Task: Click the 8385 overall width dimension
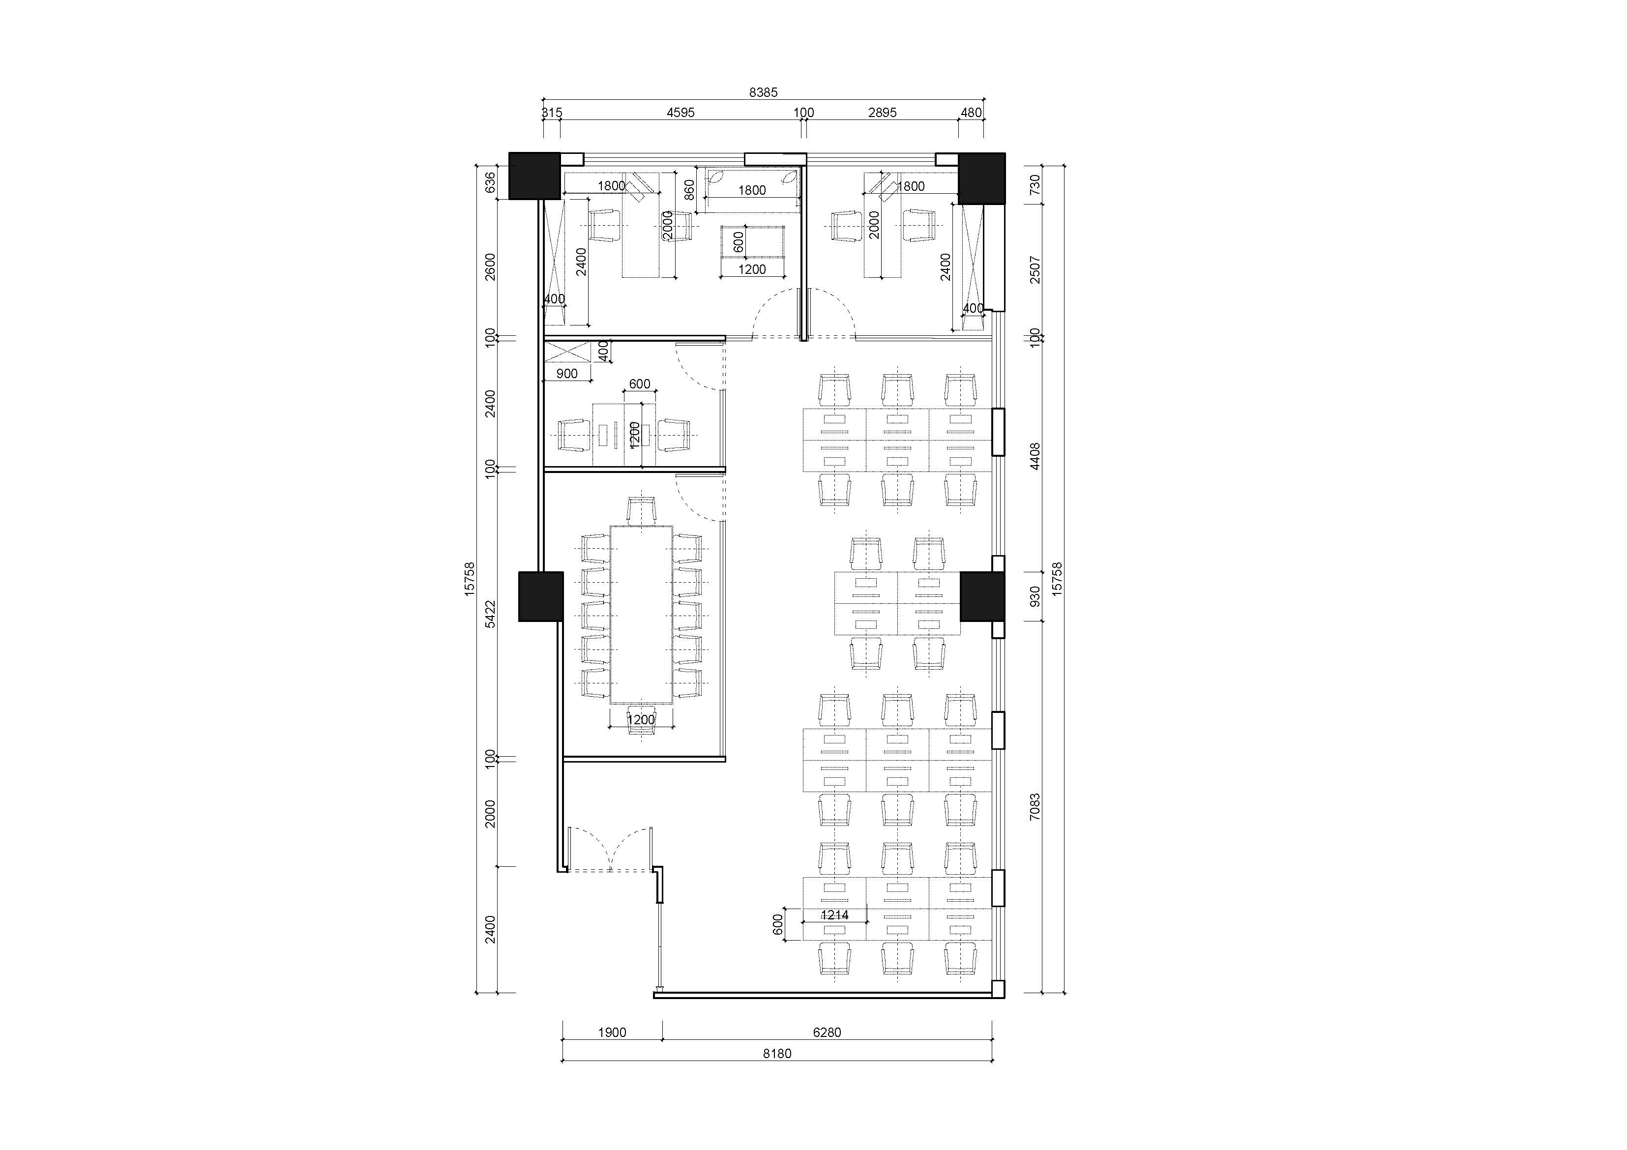click(763, 91)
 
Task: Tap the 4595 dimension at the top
click(680, 112)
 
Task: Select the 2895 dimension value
click(882, 112)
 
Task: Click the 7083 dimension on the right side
click(1035, 807)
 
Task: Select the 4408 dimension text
click(1035, 456)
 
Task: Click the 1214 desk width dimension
click(835, 915)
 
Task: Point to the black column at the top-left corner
click(535, 176)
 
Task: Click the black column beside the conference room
click(541, 596)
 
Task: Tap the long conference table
click(641, 614)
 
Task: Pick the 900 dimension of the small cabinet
click(567, 373)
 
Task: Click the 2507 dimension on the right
click(1035, 270)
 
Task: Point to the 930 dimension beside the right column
click(1035, 596)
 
